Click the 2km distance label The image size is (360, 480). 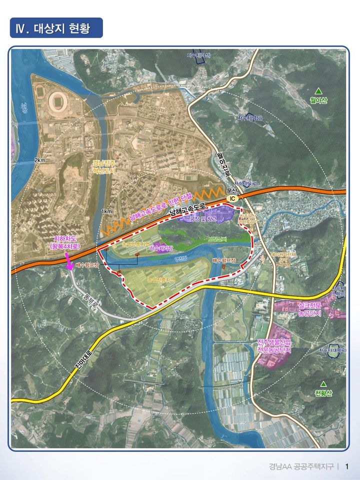[40, 160]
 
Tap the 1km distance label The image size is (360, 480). [106, 212]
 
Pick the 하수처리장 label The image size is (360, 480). [166, 248]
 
